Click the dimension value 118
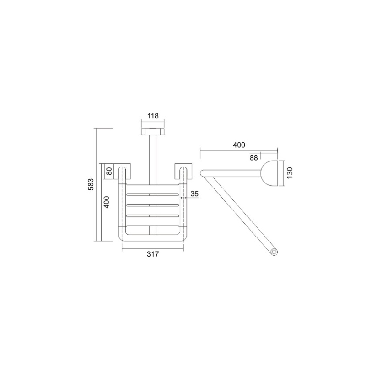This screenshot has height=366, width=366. pos(153,116)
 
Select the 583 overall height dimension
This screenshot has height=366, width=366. pos(91,184)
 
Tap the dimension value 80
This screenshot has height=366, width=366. pos(109,171)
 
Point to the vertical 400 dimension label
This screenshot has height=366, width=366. pos(106,202)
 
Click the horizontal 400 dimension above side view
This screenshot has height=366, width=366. pos(239,145)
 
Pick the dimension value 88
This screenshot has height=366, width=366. pos(253,158)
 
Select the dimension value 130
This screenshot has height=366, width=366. pos(290,173)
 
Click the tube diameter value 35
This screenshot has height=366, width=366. pos(194,194)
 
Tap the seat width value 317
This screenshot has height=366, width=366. pos(153,254)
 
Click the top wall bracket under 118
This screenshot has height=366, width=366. pos(153,131)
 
